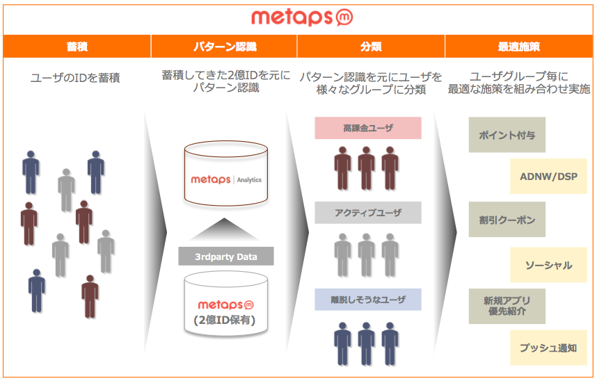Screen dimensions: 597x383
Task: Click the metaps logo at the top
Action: pos(302,17)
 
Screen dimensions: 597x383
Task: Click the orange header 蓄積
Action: pos(77,47)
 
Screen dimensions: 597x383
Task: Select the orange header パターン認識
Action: pos(224,47)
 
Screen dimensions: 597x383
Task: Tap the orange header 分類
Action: pos(371,47)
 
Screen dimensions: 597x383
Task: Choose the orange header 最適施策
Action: pos(519,47)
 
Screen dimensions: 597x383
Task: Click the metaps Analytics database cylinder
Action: pos(226,174)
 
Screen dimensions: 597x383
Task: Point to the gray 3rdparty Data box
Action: pos(225,256)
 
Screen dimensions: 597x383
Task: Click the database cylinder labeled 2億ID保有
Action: pos(226,304)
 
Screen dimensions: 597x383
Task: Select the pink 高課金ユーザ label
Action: pos(368,128)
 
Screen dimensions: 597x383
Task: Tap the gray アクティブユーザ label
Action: pos(368,213)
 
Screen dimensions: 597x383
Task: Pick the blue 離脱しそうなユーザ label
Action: pos(368,300)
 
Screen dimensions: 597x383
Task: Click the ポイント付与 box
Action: pos(507,135)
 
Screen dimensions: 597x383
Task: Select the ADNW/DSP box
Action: pos(549,177)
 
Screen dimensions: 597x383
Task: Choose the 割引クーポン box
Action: pos(507,220)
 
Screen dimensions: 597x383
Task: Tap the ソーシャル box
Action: pos(549,265)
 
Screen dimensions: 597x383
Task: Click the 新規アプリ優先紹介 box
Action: pos(507,306)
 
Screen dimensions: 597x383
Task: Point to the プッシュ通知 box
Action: pos(549,348)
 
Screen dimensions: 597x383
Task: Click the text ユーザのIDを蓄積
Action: pos(75,78)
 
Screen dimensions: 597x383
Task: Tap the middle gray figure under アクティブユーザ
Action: pos(366,255)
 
